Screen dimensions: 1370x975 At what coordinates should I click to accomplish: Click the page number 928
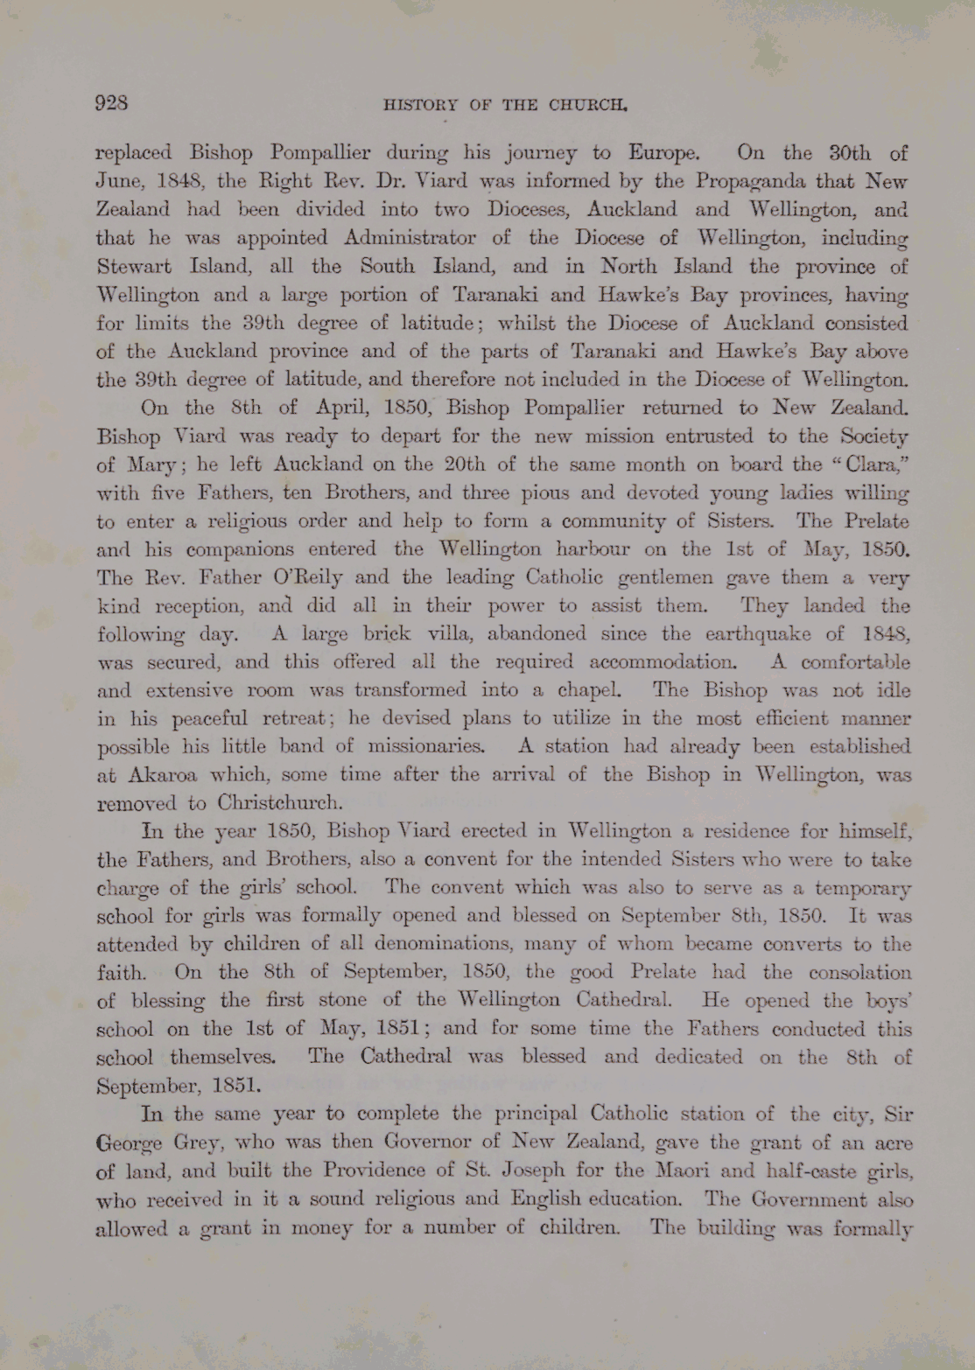point(112,102)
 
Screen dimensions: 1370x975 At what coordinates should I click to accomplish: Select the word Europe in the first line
point(663,154)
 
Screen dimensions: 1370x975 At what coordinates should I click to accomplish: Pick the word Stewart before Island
point(135,266)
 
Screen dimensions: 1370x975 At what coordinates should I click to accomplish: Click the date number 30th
point(849,154)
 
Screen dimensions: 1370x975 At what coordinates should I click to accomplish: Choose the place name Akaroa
point(163,775)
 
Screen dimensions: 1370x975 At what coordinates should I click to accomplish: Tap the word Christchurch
point(280,803)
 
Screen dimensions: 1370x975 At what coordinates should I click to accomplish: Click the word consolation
point(859,973)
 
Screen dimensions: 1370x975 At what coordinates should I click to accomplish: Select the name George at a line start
point(128,1143)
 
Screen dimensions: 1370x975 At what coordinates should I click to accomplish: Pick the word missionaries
point(425,747)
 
